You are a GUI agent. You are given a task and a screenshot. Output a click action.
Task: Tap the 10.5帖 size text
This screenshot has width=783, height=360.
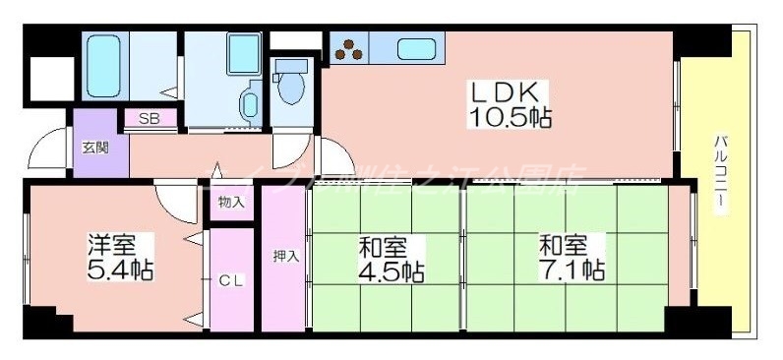coord(509,118)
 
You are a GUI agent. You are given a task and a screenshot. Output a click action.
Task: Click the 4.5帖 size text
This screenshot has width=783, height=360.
coord(391,270)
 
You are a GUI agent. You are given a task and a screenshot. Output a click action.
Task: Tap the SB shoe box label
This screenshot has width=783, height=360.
coord(150,119)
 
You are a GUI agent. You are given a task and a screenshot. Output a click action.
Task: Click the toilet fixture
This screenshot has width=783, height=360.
coord(292,84)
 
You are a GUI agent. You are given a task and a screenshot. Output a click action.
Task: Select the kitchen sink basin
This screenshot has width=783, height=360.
coord(415,47)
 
